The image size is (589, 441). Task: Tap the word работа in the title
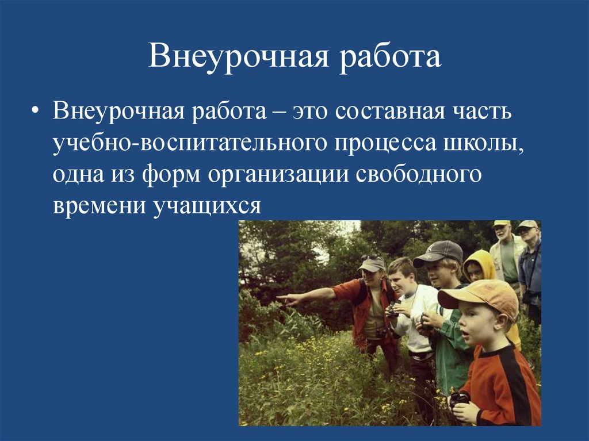click(389, 58)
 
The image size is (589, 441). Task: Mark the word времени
click(99, 205)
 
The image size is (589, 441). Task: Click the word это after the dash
click(313, 110)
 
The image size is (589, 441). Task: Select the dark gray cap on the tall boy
click(439, 252)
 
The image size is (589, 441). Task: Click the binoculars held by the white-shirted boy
click(393, 310)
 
